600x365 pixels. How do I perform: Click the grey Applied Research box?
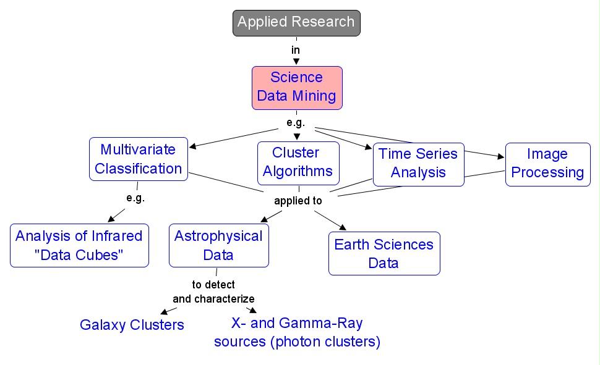tap(296, 23)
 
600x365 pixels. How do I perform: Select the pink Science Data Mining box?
tap(297, 87)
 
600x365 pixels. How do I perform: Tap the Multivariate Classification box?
tap(138, 159)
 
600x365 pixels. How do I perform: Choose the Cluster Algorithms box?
tap(298, 162)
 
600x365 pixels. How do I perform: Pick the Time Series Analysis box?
tap(418, 163)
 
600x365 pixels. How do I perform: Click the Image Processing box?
tap(547, 164)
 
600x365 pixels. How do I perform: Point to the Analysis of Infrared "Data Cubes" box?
tap(79, 245)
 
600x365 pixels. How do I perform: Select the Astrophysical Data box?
tap(218, 245)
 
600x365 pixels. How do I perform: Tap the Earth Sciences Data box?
tap(384, 253)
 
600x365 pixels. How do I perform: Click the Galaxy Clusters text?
tap(132, 325)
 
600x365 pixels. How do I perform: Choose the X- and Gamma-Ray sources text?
tap(297, 332)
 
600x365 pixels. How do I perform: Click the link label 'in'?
tap(296, 49)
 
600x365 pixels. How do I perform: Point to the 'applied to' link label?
tap(298, 201)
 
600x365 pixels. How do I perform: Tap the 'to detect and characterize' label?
tap(213, 292)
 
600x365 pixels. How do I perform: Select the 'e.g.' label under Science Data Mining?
tap(296, 122)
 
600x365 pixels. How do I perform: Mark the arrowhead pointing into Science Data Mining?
tap(296, 62)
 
